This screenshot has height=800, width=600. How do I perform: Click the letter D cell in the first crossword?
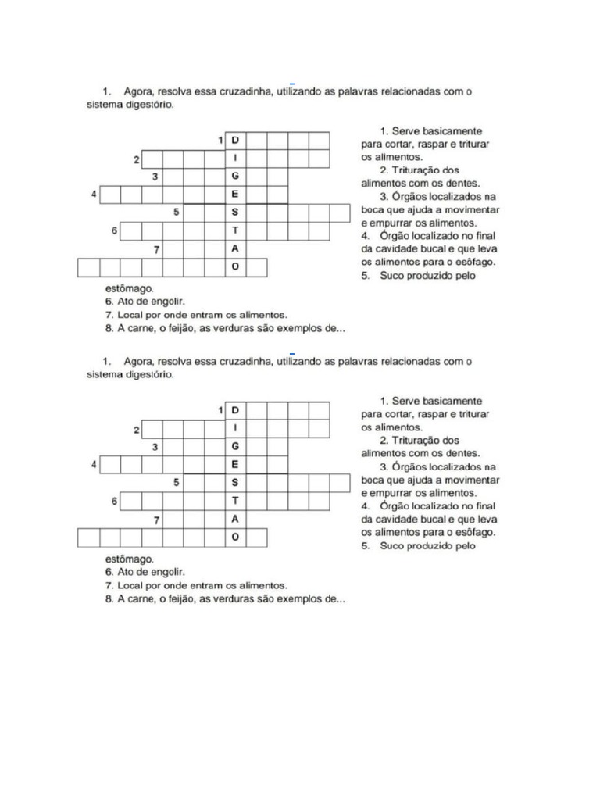click(235, 141)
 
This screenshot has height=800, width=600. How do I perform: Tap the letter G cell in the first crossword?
click(235, 177)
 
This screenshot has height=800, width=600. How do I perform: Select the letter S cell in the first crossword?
click(235, 212)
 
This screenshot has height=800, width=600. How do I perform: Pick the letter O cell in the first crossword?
click(235, 267)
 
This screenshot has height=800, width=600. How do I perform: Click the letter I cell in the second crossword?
click(235, 428)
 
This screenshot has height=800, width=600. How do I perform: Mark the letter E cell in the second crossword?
click(235, 464)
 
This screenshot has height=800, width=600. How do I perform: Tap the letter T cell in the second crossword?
click(235, 500)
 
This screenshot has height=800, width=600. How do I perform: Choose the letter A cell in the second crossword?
click(235, 519)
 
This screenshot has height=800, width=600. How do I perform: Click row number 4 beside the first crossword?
click(94, 194)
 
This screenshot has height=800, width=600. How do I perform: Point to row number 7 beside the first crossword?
click(157, 249)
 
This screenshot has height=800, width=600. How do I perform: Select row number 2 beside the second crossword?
click(136, 429)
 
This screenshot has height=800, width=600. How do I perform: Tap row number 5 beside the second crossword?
click(177, 482)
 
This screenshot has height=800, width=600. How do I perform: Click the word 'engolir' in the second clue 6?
click(168, 572)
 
